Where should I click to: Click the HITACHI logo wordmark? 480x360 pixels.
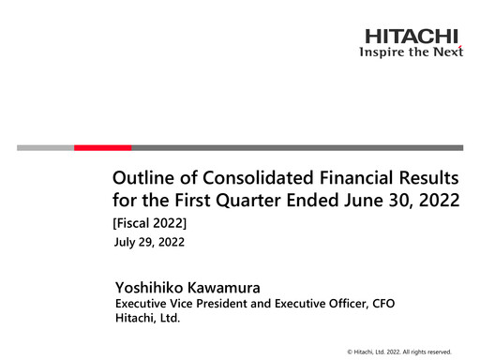[412, 37]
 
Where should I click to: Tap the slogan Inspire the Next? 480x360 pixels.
[412, 52]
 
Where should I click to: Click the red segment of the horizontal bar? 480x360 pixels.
[102, 147]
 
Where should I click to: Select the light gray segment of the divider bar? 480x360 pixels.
[45, 147]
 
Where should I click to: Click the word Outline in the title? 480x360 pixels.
[140, 178]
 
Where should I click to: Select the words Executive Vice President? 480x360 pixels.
[172, 304]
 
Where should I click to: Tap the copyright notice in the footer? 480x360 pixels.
[398, 351]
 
